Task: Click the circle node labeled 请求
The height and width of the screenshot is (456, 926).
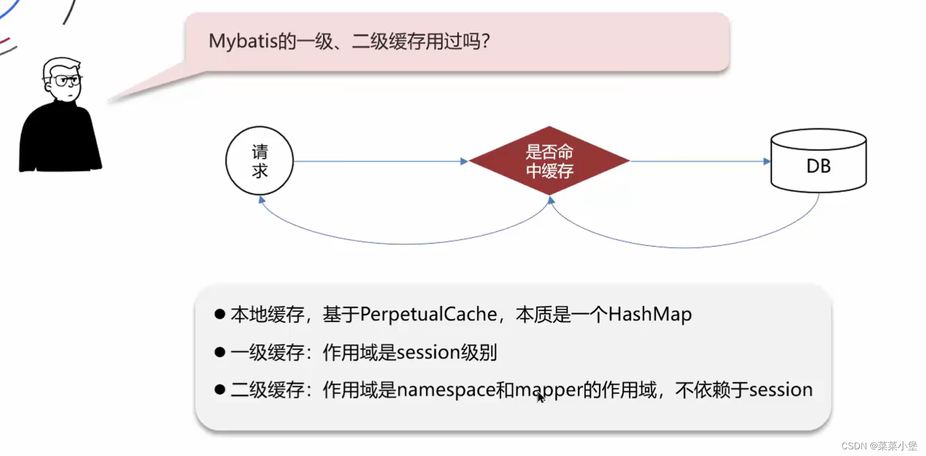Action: (259, 161)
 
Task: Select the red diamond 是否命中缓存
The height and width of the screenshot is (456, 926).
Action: (549, 161)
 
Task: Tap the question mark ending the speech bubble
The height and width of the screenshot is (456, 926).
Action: (486, 41)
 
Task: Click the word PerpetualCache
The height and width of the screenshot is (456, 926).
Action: (428, 315)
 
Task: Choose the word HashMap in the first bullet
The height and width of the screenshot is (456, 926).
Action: (650, 315)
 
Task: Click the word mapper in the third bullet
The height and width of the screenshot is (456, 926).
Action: (548, 390)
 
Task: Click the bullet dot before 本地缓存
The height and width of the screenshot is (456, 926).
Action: (220, 314)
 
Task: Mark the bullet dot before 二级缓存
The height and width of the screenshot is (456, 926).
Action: (220, 389)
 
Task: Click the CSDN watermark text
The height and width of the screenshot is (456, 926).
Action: (879, 446)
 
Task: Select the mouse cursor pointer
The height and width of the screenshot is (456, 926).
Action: (541, 397)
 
